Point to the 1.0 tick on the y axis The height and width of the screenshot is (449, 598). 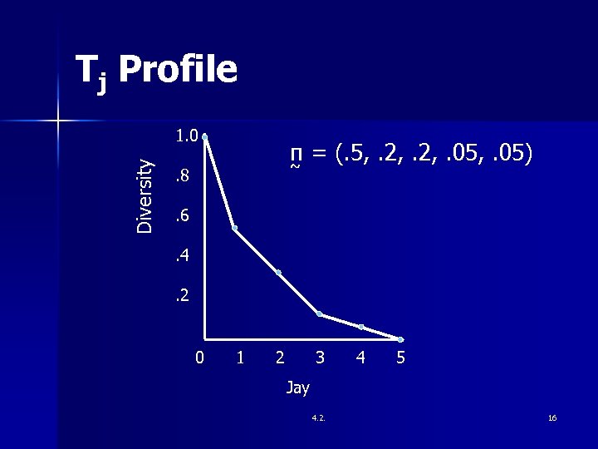(186, 136)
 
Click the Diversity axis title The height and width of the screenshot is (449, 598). (145, 195)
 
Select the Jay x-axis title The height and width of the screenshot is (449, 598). (297, 387)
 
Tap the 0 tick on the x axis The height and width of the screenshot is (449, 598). (199, 358)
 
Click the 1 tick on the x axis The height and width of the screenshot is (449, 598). (240, 358)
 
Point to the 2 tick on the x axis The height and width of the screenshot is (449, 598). (280, 358)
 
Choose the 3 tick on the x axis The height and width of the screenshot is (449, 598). (320, 358)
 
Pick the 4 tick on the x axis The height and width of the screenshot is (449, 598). (360, 358)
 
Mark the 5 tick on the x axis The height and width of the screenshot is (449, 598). (400, 358)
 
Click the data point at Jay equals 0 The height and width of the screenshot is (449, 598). (204, 136)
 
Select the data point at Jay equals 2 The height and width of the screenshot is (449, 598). (278, 273)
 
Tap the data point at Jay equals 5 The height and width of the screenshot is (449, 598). (400, 339)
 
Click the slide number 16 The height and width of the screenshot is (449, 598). (552, 417)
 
